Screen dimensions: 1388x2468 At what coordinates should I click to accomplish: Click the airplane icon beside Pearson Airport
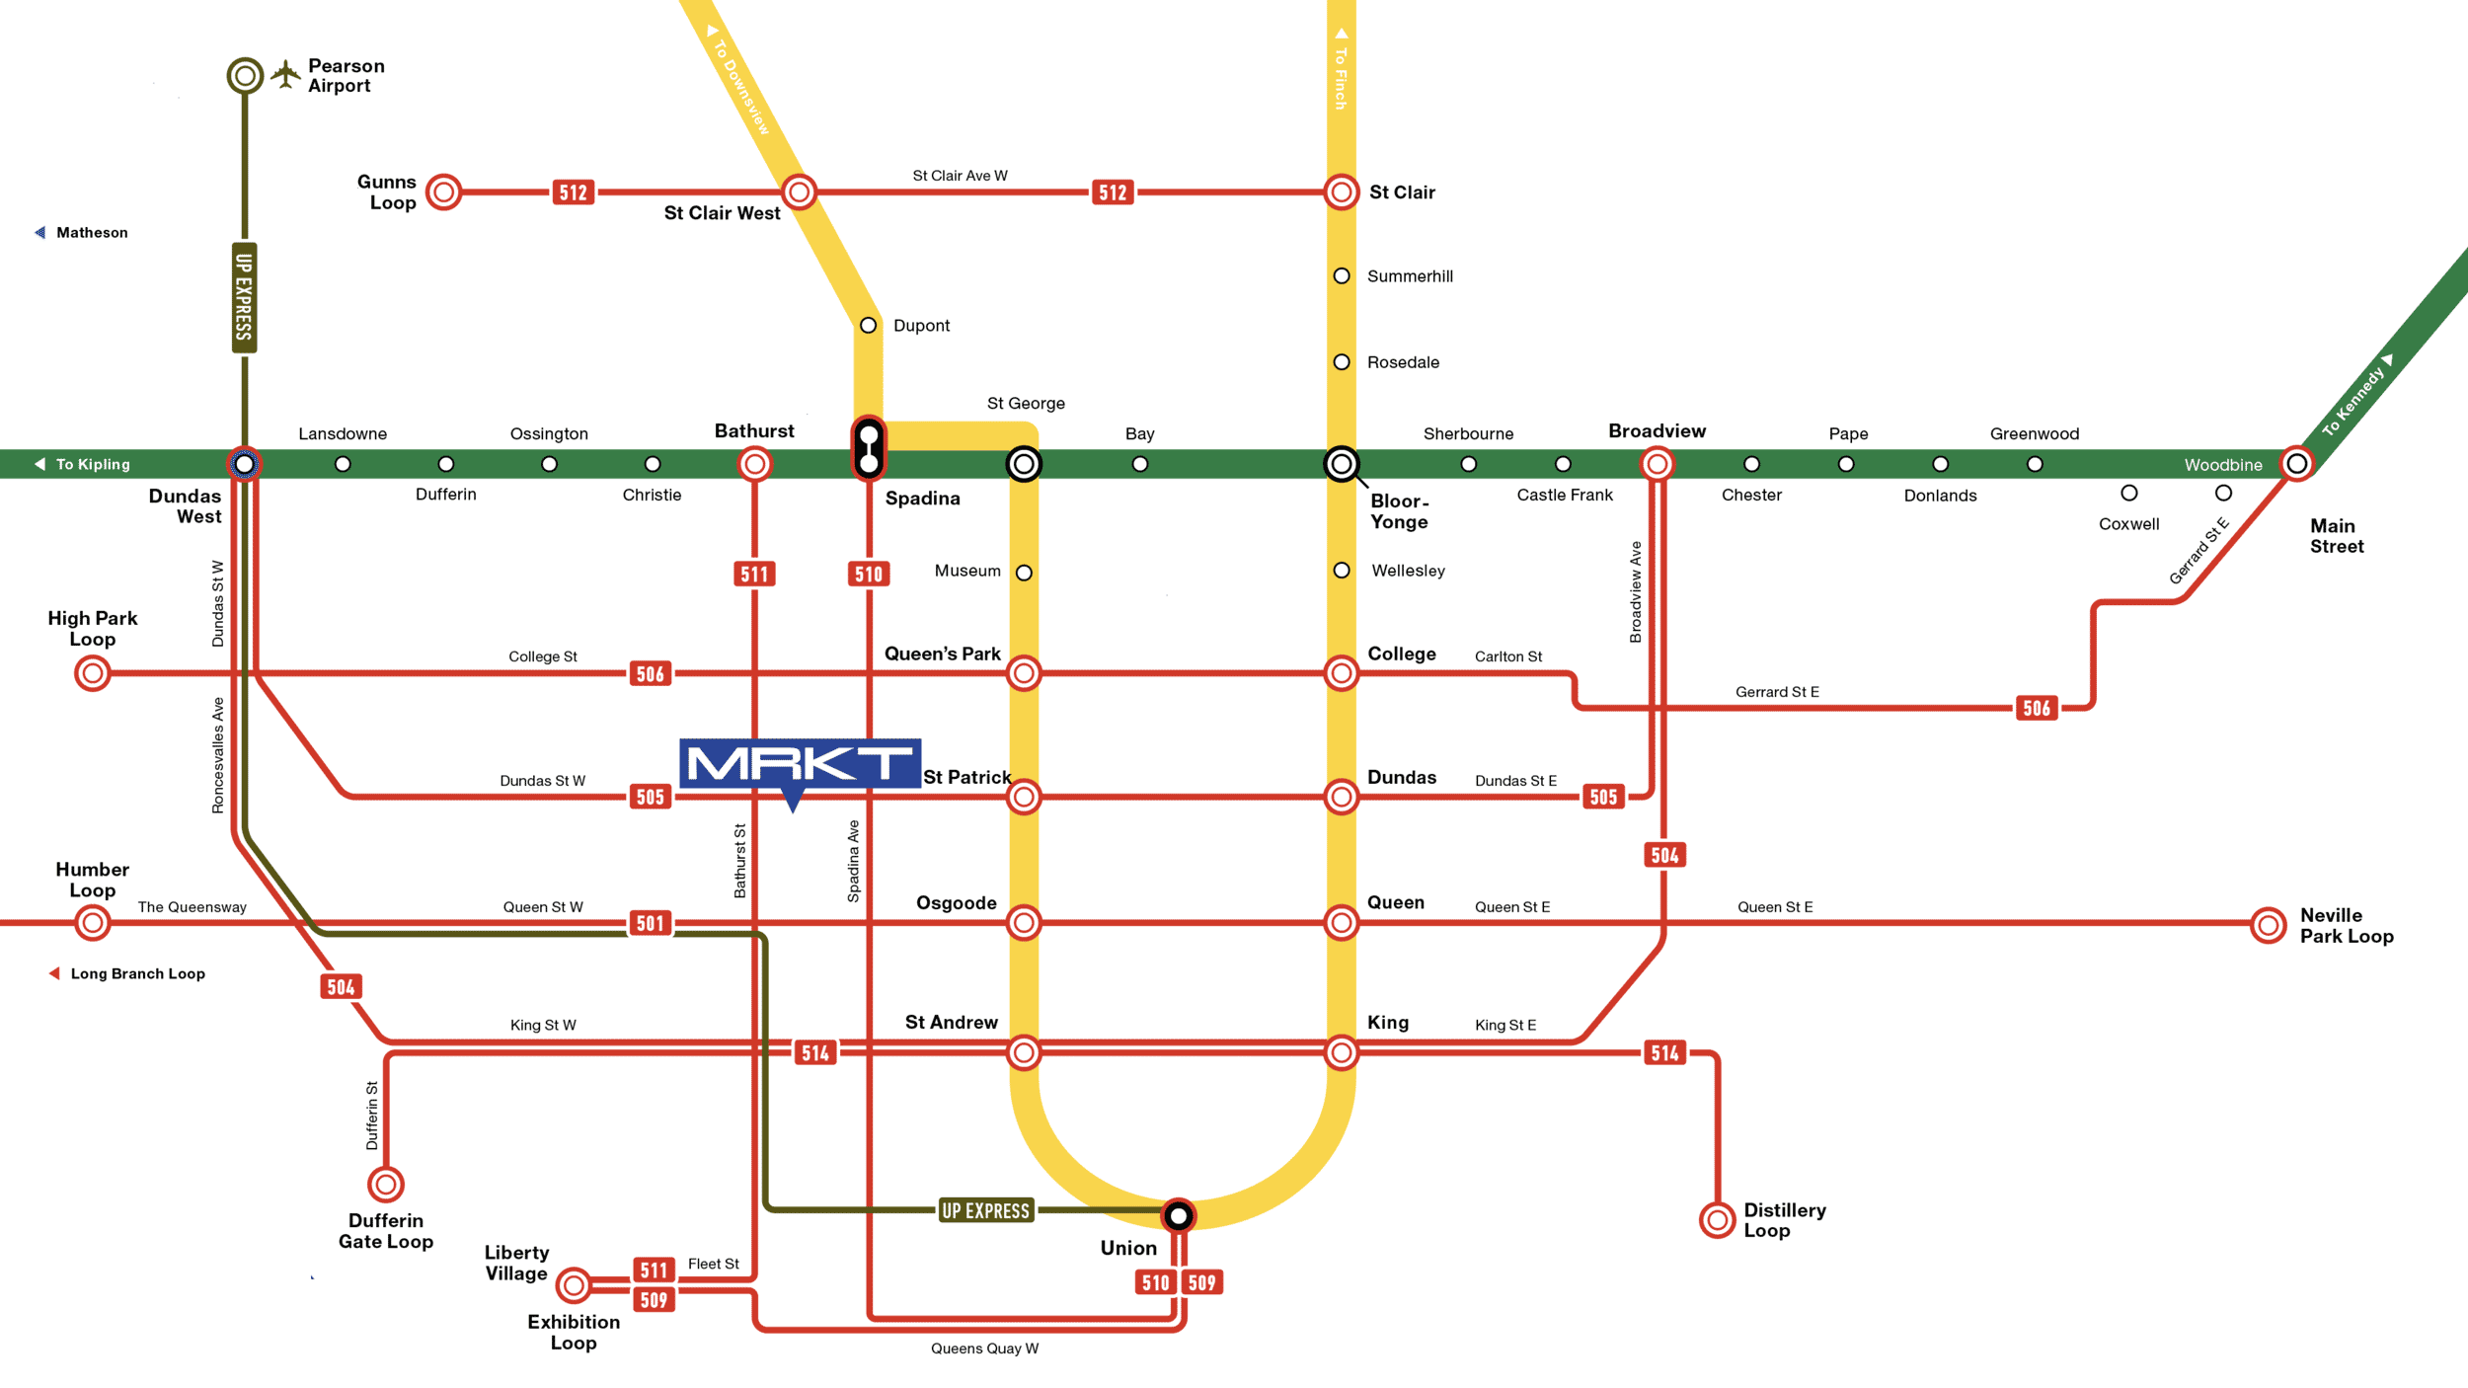click(x=285, y=74)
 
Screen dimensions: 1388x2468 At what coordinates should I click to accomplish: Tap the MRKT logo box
click(x=800, y=763)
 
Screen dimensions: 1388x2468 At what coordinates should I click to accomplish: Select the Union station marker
click(x=1178, y=1215)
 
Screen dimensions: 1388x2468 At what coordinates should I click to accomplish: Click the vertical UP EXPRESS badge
click(x=244, y=297)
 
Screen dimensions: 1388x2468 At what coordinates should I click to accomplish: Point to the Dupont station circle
click(x=868, y=325)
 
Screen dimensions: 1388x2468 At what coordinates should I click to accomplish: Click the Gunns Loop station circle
click(x=444, y=192)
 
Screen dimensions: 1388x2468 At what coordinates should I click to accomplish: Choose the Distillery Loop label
click(x=1784, y=1220)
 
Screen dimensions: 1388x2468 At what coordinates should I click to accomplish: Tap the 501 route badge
click(x=650, y=923)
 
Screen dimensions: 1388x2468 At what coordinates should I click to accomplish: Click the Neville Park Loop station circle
click(x=2269, y=925)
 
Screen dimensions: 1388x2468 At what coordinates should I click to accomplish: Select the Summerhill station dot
click(x=1341, y=275)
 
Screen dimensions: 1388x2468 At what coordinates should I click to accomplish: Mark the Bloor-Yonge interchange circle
click(x=1341, y=463)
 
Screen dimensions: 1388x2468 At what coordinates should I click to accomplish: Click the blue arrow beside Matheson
click(x=40, y=233)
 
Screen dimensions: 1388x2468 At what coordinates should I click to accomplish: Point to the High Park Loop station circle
click(x=93, y=673)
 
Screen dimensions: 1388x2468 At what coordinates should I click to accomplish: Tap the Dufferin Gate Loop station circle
click(x=386, y=1184)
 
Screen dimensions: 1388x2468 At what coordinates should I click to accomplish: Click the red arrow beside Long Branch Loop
click(x=54, y=973)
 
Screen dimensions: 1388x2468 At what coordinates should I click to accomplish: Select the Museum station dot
click(x=1024, y=573)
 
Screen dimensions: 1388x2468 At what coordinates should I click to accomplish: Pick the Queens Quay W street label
click(x=984, y=1349)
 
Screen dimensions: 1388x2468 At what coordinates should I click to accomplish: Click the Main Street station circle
click(x=2296, y=463)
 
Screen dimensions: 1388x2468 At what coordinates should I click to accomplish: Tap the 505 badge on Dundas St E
click(x=1603, y=797)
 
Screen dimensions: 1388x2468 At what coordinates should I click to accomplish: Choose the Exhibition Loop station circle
click(x=574, y=1285)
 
